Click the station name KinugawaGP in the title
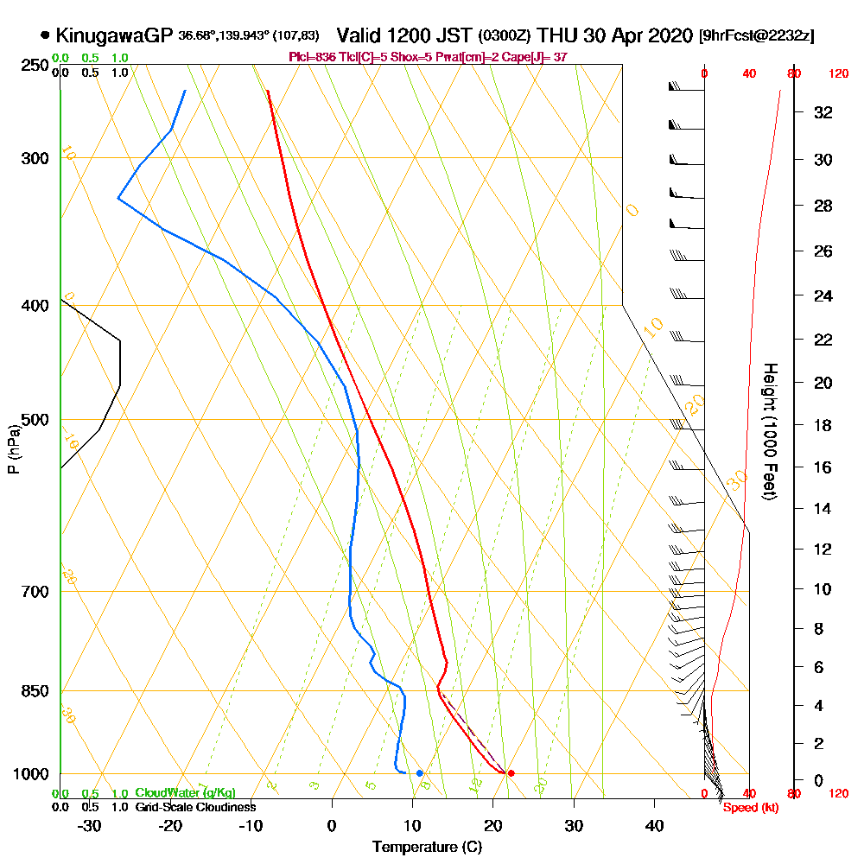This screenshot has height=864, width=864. coord(114,35)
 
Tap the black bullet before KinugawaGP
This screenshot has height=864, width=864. coord(45,35)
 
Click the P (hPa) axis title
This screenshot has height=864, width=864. coord(13,449)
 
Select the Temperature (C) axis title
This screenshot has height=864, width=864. coord(427,847)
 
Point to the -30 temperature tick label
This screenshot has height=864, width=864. coord(89,825)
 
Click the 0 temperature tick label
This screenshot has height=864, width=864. coord(332,825)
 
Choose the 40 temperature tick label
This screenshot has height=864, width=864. coord(654,825)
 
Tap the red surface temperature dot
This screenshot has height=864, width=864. coord(511,773)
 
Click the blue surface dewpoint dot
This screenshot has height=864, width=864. coord(420,773)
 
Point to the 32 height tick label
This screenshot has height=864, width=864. coord(823,112)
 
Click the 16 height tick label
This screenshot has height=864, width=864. coord(823,467)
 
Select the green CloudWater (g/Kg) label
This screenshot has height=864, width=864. coord(185,793)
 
